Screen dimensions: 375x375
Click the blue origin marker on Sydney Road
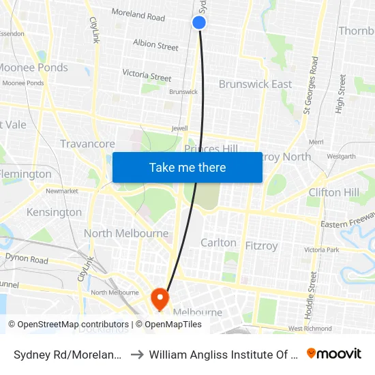(199, 22)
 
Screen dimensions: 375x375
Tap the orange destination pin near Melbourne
(160, 297)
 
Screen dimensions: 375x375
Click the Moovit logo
(334, 353)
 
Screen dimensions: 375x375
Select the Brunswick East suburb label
(255, 84)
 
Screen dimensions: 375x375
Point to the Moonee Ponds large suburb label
(34, 67)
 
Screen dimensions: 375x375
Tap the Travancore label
(87, 144)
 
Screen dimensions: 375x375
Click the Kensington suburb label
(54, 212)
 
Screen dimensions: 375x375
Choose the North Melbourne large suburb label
(126, 233)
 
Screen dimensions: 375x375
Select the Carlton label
(218, 243)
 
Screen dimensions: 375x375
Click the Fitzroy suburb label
(261, 245)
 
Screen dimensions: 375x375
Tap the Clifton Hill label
(333, 192)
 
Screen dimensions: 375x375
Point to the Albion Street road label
(155, 45)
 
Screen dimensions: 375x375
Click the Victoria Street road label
(147, 76)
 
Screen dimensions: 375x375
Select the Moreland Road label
(138, 15)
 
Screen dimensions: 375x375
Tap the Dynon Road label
(27, 260)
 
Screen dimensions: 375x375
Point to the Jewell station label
(179, 127)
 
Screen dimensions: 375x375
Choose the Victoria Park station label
(322, 250)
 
